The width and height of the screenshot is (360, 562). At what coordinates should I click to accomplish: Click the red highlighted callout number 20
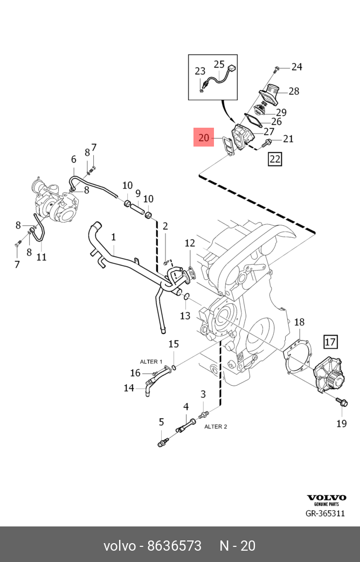(204, 138)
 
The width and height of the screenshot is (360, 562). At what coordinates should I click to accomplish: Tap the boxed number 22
(275, 159)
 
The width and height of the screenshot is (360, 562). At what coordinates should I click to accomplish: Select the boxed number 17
(330, 341)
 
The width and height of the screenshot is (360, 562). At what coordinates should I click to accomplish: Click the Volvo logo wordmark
(327, 498)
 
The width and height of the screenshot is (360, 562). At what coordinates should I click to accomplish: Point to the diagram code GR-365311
(325, 514)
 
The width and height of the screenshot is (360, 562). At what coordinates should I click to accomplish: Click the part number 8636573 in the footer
(175, 546)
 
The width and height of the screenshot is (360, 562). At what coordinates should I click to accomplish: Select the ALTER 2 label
(216, 426)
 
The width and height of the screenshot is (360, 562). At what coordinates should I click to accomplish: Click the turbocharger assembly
(57, 203)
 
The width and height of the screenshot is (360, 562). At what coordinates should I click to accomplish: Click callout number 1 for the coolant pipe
(114, 237)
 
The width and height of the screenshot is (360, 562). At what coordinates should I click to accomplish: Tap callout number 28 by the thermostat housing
(294, 91)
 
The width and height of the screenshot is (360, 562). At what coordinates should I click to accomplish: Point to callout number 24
(297, 67)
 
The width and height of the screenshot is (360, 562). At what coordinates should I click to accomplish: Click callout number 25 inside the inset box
(219, 64)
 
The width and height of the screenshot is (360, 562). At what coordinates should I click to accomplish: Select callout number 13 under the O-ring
(185, 316)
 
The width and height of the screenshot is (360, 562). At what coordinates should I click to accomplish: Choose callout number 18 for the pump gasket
(299, 322)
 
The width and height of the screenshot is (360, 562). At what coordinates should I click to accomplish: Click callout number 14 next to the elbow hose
(129, 387)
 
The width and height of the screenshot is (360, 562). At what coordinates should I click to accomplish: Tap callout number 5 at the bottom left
(161, 422)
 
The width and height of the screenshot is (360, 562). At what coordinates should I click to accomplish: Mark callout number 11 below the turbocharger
(41, 256)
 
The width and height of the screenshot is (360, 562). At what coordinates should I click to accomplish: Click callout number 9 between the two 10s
(138, 193)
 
